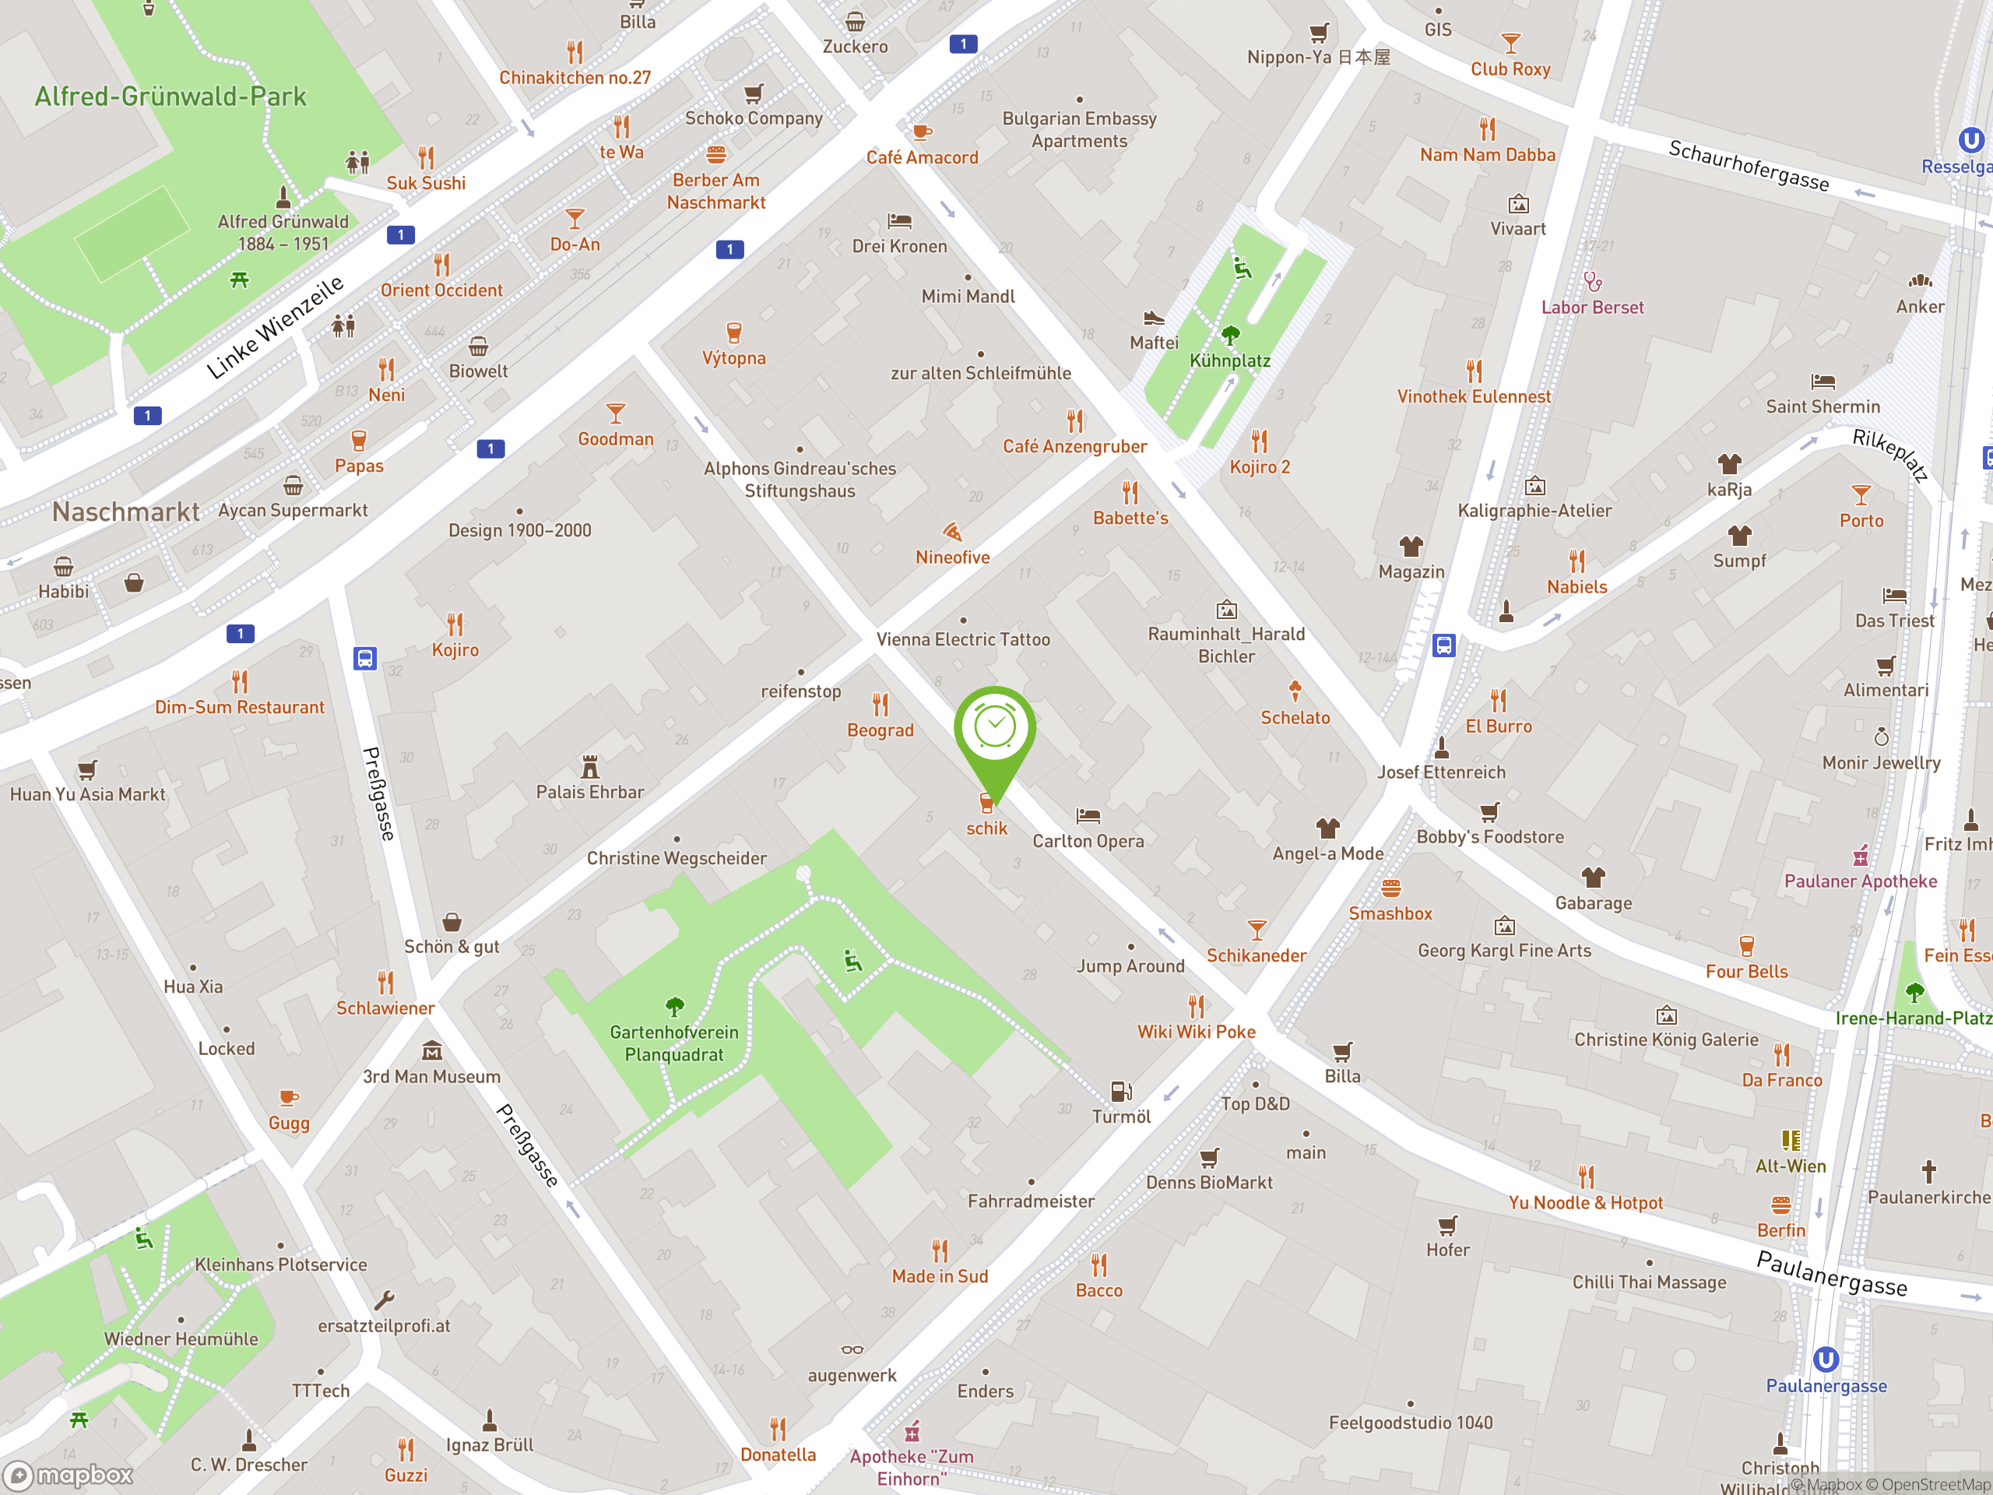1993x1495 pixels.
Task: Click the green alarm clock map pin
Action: click(x=995, y=727)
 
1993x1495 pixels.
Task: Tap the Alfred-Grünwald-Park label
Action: click(x=170, y=97)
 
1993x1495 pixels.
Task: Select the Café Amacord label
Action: click(x=922, y=158)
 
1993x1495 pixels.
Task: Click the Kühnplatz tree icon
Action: click(x=1230, y=336)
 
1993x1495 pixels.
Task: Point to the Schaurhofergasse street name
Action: click(x=1748, y=166)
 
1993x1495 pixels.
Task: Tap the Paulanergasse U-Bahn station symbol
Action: click(x=1826, y=1359)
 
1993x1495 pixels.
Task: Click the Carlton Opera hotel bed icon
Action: click(x=1088, y=815)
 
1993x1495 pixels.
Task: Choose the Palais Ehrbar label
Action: click(x=590, y=792)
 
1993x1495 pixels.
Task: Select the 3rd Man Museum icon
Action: click(x=431, y=1050)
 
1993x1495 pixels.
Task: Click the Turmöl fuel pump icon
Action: click(x=1121, y=1092)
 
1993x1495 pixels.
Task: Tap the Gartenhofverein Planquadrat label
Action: click(x=674, y=1043)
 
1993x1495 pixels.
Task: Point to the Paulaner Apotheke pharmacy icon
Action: click(x=1860, y=855)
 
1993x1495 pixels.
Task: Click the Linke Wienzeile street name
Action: click(x=275, y=327)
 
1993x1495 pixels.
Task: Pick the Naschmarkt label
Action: click(x=125, y=512)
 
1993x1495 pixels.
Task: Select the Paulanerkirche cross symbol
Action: click(x=1928, y=1172)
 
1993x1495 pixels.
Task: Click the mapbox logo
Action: click(x=69, y=1476)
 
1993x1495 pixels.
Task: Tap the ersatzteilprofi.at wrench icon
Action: click(x=384, y=1300)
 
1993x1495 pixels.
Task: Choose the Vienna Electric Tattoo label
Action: click(x=963, y=640)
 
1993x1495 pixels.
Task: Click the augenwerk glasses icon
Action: click(x=852, y=1350)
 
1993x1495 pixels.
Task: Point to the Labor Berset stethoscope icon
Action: click(x=1592, y=282)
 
